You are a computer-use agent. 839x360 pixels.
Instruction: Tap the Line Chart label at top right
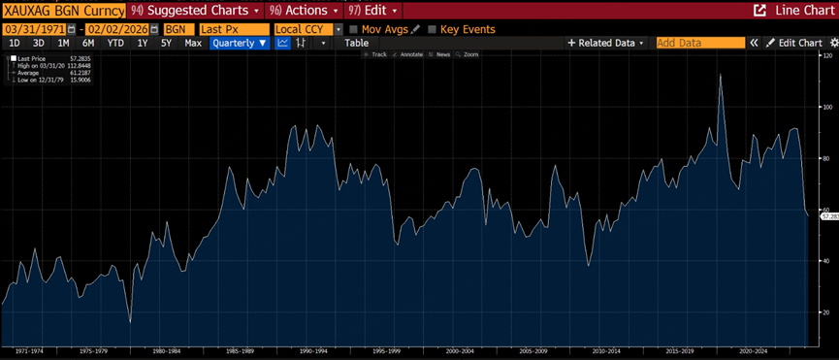click(794, 10)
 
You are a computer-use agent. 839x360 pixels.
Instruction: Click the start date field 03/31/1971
click(33, 29)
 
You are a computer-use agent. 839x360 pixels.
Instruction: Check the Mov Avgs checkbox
click(354, 29)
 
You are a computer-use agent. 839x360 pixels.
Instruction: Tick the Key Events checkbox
click(432, 29)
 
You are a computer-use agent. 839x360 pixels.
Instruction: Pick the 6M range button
click(88, 43)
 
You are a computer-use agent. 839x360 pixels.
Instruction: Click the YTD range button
click(114, 43)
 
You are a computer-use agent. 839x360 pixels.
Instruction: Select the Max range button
click(193, 43)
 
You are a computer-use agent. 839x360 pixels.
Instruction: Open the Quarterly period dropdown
click(240, 43)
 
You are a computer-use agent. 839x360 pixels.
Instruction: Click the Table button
click(357, 43)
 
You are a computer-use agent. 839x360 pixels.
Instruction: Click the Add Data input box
click(699, 43)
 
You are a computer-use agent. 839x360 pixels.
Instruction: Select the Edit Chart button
click(794, 43)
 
